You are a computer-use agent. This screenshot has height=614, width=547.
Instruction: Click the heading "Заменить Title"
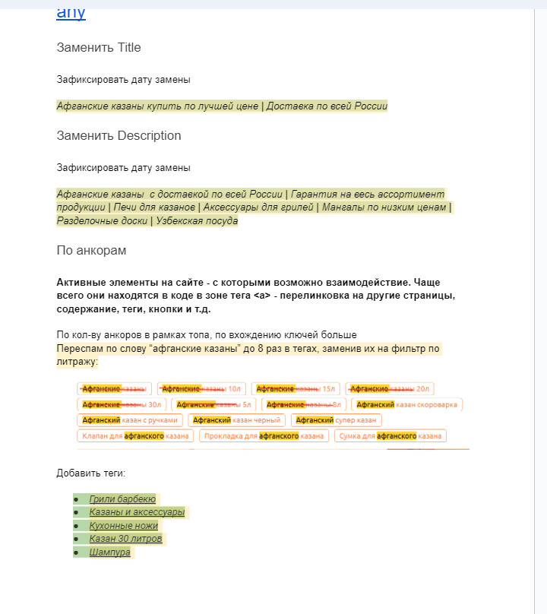click(x=99, y=48)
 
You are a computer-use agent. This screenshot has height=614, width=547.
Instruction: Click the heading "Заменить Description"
click(x=119, y=136)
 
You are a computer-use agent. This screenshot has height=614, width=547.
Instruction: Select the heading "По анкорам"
click(x=91, y=251)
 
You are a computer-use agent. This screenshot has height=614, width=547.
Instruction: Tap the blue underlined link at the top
click(x=71, y=12)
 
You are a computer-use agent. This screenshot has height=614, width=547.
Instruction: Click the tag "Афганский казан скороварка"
click(x=407, y=404)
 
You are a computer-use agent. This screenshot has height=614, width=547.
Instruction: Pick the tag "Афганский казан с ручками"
click(x=130, y=419)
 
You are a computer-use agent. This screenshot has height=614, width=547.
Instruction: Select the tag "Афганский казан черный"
click(x=235, y=419)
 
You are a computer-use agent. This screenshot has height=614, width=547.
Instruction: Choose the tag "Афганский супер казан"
click(x=335, y=419)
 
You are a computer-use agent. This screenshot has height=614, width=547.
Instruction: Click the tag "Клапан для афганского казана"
click(x=135, y=435)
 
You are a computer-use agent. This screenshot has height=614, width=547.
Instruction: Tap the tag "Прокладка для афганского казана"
click(x=264, y=435)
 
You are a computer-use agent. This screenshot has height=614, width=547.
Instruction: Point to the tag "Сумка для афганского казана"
click(x=387, y=435)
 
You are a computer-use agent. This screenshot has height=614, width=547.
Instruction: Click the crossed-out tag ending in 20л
click(x=390, y=388)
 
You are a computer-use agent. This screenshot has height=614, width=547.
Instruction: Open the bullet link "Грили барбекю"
click(x=122, y=499)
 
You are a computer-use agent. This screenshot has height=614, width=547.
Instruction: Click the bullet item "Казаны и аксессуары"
click(x=137, y=512)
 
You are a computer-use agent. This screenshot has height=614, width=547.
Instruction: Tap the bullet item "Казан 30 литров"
click(x=125, y=539)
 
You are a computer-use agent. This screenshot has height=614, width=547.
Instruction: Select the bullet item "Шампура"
click(x=110, y=552)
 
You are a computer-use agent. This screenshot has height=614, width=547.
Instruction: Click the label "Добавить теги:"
click(x=90, y=473)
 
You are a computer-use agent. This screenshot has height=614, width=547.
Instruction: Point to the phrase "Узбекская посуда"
click(x=197, y=221)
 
